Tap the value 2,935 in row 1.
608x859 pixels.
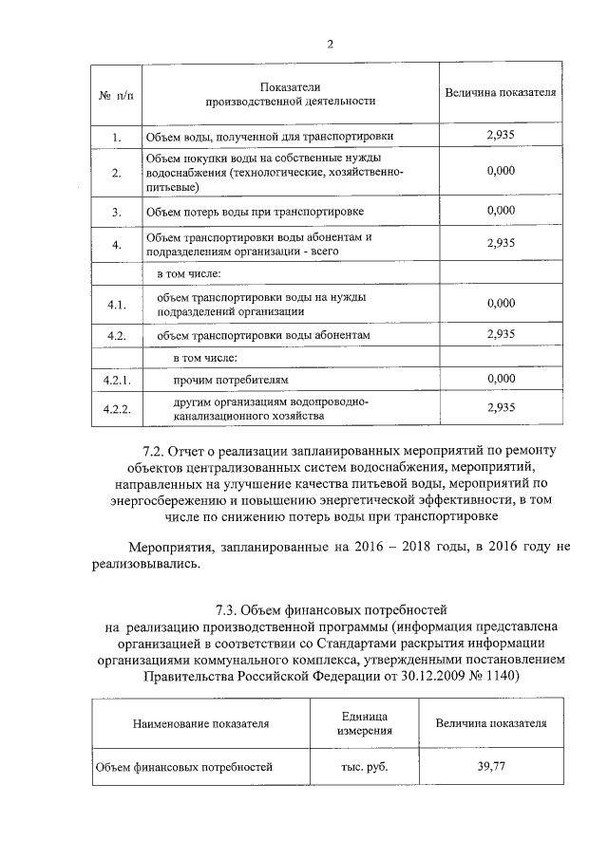500,136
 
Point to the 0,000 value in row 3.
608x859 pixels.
500,209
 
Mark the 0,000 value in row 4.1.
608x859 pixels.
500,303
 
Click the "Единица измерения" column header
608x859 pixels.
362,722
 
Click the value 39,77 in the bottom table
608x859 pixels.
491,767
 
